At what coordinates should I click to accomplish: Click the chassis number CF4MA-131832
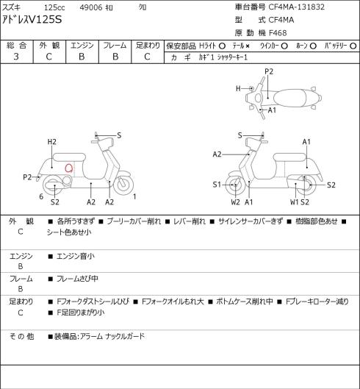[x=297, y=7]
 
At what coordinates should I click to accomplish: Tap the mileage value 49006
[x=91, y=7]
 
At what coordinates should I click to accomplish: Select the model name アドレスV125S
[x=32, y=19]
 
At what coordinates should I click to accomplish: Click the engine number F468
[x=277, y=33]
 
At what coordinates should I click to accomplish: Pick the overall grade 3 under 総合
[x=16, y=57]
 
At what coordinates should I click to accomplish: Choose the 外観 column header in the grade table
[x=49, y=46]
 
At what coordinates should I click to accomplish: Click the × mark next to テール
[x=247, y=46]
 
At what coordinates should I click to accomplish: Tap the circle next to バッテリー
[x=353, y=46]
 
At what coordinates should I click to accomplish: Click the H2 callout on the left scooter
[x=52, y=142]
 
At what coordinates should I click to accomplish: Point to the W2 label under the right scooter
[x=235, y=202]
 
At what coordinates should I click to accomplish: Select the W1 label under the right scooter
[x=295, y=202]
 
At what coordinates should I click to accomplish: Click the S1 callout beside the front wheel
[x=217, y=185]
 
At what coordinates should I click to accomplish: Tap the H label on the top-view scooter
[x=238, y=88]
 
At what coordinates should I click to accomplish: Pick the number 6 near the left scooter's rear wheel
[x=41, y=196]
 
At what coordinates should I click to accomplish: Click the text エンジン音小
[x=76, y=256]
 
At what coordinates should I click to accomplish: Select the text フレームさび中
[x=77, y=279]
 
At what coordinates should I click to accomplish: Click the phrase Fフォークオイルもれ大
[x=173, y=301]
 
